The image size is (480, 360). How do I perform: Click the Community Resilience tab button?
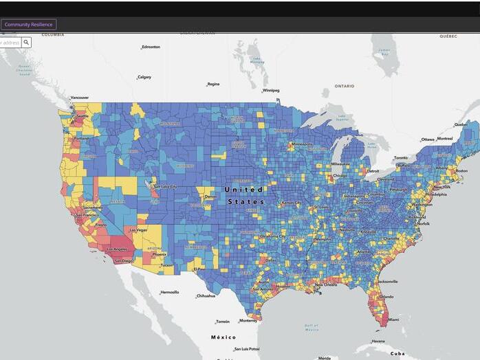[29, 25]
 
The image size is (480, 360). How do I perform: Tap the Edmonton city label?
[151, 47]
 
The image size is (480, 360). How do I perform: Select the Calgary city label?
[144, 77]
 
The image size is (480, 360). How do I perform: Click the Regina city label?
[213, 84]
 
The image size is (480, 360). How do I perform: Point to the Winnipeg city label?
[271, 90]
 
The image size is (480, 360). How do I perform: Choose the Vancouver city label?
[80, 98]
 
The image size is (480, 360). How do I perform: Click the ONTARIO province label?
[345, 86]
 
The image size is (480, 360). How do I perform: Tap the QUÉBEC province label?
[448, 36]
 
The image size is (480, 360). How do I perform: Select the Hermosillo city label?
[170, 292]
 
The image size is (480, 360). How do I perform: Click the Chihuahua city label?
[206, 295]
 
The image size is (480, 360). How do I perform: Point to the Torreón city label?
[223, 322]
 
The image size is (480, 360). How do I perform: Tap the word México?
[223, 337]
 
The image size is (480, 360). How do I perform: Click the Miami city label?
[393, 319]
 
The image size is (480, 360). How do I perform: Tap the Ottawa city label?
[428, 139]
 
